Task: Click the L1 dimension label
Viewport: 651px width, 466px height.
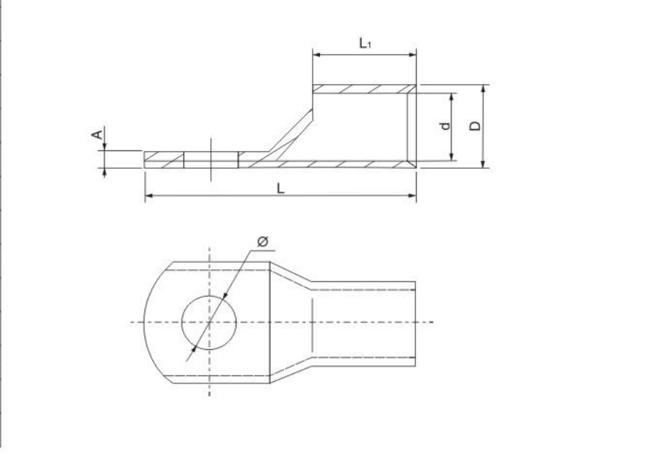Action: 365,43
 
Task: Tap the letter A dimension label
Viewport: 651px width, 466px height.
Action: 100,134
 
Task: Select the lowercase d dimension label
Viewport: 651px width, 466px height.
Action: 445,125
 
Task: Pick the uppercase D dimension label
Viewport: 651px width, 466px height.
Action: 475,125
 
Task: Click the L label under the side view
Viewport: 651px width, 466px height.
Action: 281,187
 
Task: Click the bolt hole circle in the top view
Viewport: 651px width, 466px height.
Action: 209,322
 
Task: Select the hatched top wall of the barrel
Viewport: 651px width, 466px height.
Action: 364,89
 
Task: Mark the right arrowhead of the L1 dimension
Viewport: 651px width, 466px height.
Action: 412,53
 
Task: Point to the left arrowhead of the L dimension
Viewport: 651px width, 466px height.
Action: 148,195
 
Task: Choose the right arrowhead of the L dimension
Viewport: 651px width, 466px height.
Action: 412,195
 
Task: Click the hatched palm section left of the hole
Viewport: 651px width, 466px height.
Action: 164,160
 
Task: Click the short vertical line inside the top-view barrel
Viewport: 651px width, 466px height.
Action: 311,323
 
